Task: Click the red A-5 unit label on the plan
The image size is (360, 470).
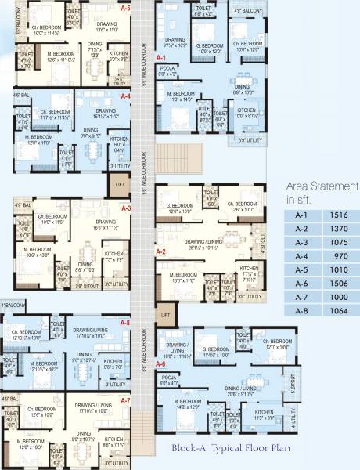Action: coord(125,7)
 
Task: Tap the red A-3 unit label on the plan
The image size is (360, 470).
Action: coord(125,208)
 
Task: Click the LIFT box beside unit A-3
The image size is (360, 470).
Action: coord(119,186)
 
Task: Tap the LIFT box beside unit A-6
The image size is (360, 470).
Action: coord(164,314)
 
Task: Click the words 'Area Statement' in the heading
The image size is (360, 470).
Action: coord(322,186)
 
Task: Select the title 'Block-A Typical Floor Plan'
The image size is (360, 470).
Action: coord(223,450)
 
